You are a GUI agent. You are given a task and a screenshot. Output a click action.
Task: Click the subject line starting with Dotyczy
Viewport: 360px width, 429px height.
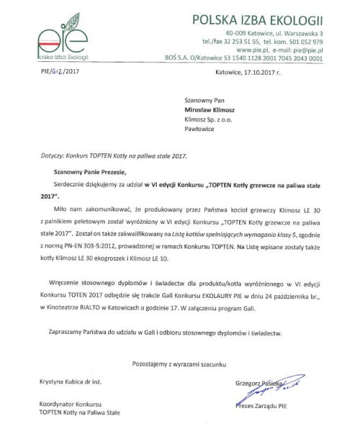[x=93, y=156]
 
